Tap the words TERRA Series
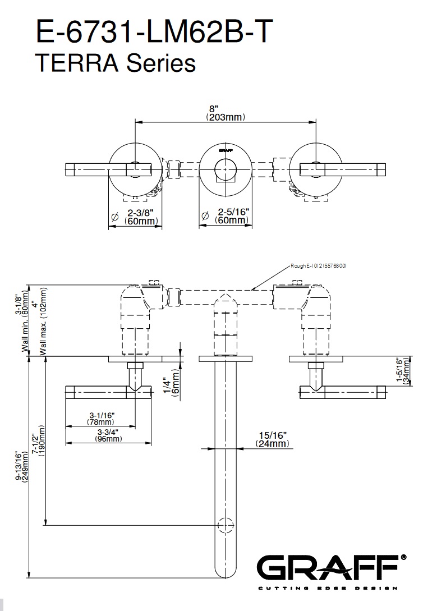[115, 62]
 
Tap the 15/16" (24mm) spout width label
[273, 439]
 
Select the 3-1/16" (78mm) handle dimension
[102, 417]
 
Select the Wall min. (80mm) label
[22, 322]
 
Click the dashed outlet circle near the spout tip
[226, 525]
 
